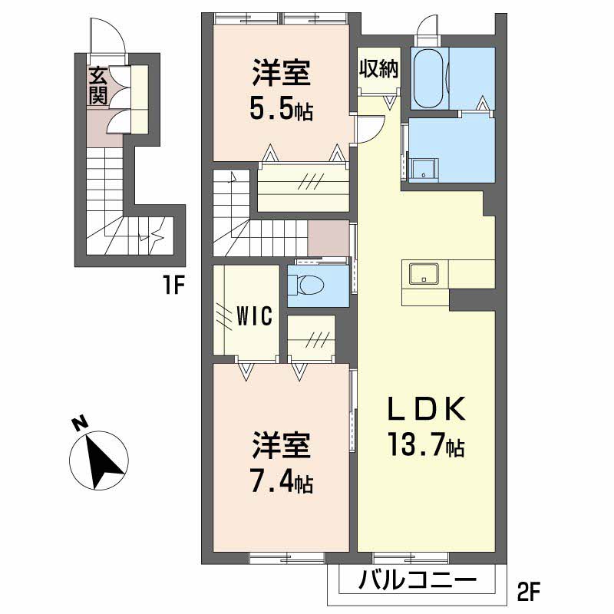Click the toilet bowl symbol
(x=305, y=283)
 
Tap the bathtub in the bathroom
(x=429, y=78)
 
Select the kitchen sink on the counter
(x=424, y=273)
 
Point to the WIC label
(x=255, y=315)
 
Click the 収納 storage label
(x=379, y=69)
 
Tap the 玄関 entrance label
(x=97, y=86)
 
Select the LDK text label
(x=426, y=408)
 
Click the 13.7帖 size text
(x=426, y=444)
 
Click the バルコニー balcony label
(x=418, y=579)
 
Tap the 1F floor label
(x=174, y=286)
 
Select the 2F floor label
(x=529, y=592)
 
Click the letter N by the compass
(x=80, y=424)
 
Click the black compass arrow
(x=102, y=463)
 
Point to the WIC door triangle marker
(x=246, y=371)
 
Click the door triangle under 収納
(x=389, y=103)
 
